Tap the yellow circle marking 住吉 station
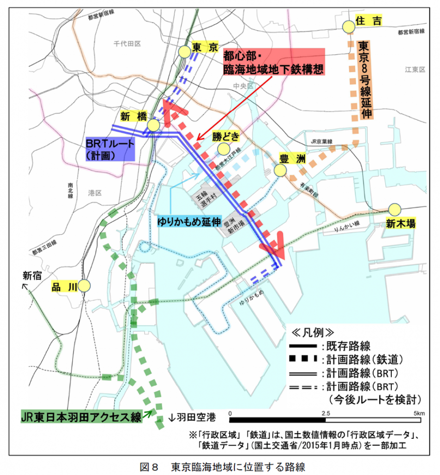[348, 27]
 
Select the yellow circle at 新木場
[395, 210]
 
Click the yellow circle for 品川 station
[84, 285]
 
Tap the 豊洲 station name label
[292, 159]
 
